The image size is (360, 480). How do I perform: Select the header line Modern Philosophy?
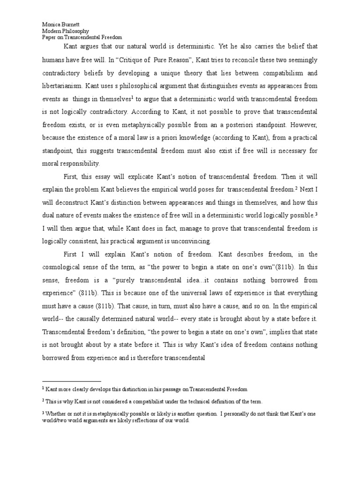click(x=60, y=30)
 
